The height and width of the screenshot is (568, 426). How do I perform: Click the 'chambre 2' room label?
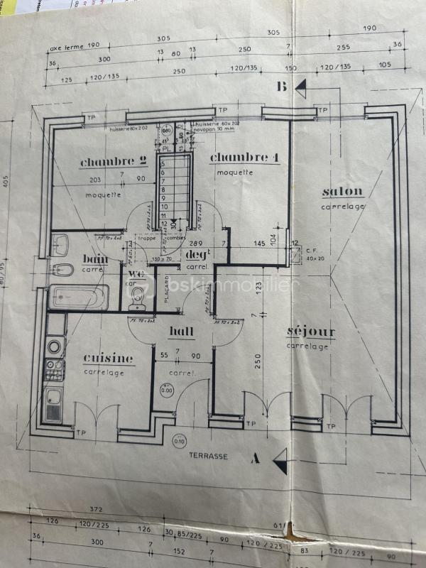(107, 163)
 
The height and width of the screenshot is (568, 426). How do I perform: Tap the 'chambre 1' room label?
(244, 158)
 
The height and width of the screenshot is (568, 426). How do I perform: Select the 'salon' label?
(342, 192)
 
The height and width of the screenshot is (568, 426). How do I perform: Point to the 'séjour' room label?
(311, 332)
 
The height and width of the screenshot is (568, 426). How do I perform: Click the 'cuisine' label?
(108, 358)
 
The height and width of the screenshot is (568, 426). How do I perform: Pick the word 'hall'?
(182, 331)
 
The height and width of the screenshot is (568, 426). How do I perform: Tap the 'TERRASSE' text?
(208, 457)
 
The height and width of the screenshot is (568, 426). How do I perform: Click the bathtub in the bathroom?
(78, 297)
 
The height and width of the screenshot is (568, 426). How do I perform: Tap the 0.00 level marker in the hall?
(166, 390)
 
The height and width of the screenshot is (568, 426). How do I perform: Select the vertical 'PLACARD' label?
(163, 290)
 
